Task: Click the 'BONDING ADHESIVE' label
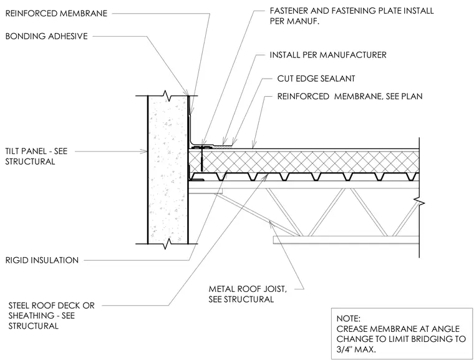(x=47, y=36)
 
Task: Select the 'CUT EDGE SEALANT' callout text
(x=316, y=79)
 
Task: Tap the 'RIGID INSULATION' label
(x=42, y=260)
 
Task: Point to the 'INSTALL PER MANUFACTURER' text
(x=328, y=55)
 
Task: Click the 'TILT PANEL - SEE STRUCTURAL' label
(x=36, y=156)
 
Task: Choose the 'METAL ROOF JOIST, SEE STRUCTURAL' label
(x=248, y=294)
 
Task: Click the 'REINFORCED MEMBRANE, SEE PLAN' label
(x=350, y=96)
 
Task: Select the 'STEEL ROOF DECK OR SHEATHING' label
(x=51, y=311)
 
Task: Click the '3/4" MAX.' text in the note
(x=356, y=349)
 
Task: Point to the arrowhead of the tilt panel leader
(x=145, y=151)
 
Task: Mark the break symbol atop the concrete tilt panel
(x=168, y=95)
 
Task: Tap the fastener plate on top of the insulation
(x=203, y=147)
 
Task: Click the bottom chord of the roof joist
(x=346, y=240)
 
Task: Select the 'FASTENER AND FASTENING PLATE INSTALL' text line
(x=352, y=11)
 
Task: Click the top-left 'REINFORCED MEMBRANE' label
(x=56, y=14)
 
